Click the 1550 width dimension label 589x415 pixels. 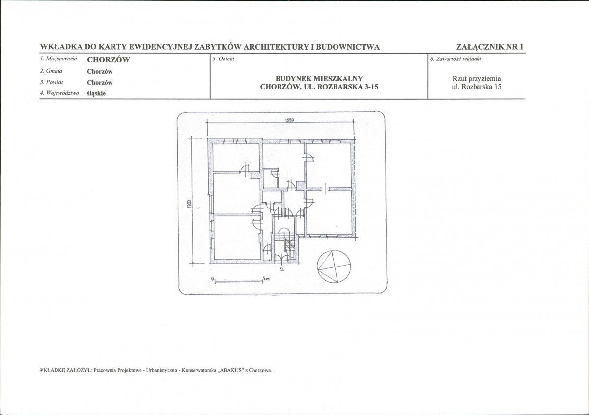click(x=289, y=120)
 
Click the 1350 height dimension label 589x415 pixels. click(x=190, y=204)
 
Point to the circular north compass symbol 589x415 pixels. click(x=334, y=267)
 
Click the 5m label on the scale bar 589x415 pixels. click(x=266, y=278)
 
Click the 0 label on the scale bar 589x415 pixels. click(x=213, y=279)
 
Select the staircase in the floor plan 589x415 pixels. click(x=284, y=243)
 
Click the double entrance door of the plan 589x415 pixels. click(x=282, y=258)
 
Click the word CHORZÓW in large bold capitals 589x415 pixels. click(x=109, y=60)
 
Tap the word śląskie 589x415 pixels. click(x=96, y=93)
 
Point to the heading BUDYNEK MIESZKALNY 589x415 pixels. click(x=319, y=79)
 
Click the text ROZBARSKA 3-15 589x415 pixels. click(x=348, y=87)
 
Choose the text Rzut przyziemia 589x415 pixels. click(x=477, y=79)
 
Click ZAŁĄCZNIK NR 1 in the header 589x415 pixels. click(x=490, y=47)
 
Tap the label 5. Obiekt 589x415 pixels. click(x=223, y=59)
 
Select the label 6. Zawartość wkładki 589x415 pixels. click(x=456, y=59)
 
